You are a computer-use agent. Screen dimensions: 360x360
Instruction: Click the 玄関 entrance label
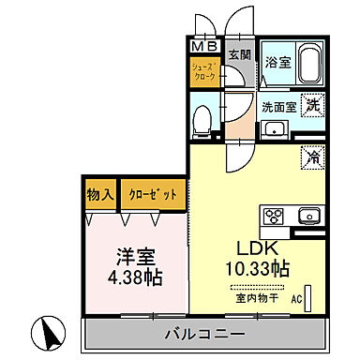coord(240,53)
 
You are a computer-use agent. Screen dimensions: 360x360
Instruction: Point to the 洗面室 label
coord(278,107)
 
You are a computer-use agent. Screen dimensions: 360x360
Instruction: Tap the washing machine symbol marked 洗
coord(311,106)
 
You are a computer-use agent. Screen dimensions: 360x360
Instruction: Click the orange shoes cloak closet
coord(204,73)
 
